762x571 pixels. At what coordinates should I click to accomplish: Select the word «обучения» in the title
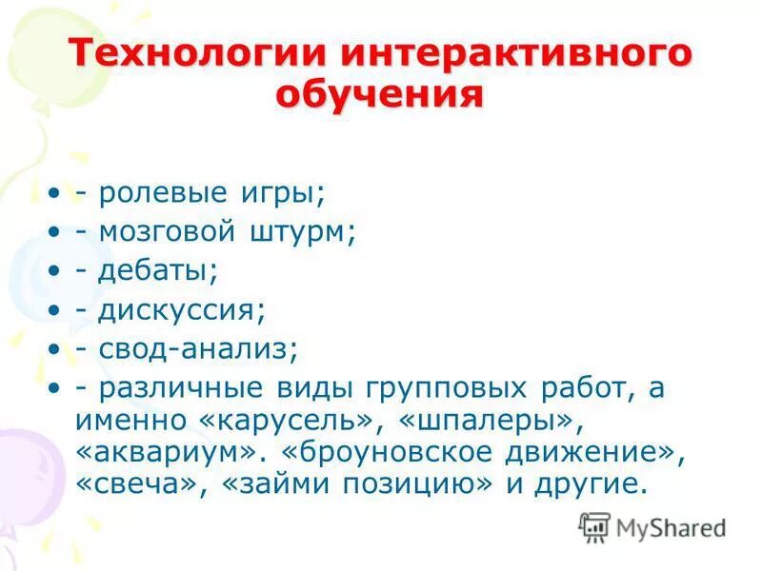380,95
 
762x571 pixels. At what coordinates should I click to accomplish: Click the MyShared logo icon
594,526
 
